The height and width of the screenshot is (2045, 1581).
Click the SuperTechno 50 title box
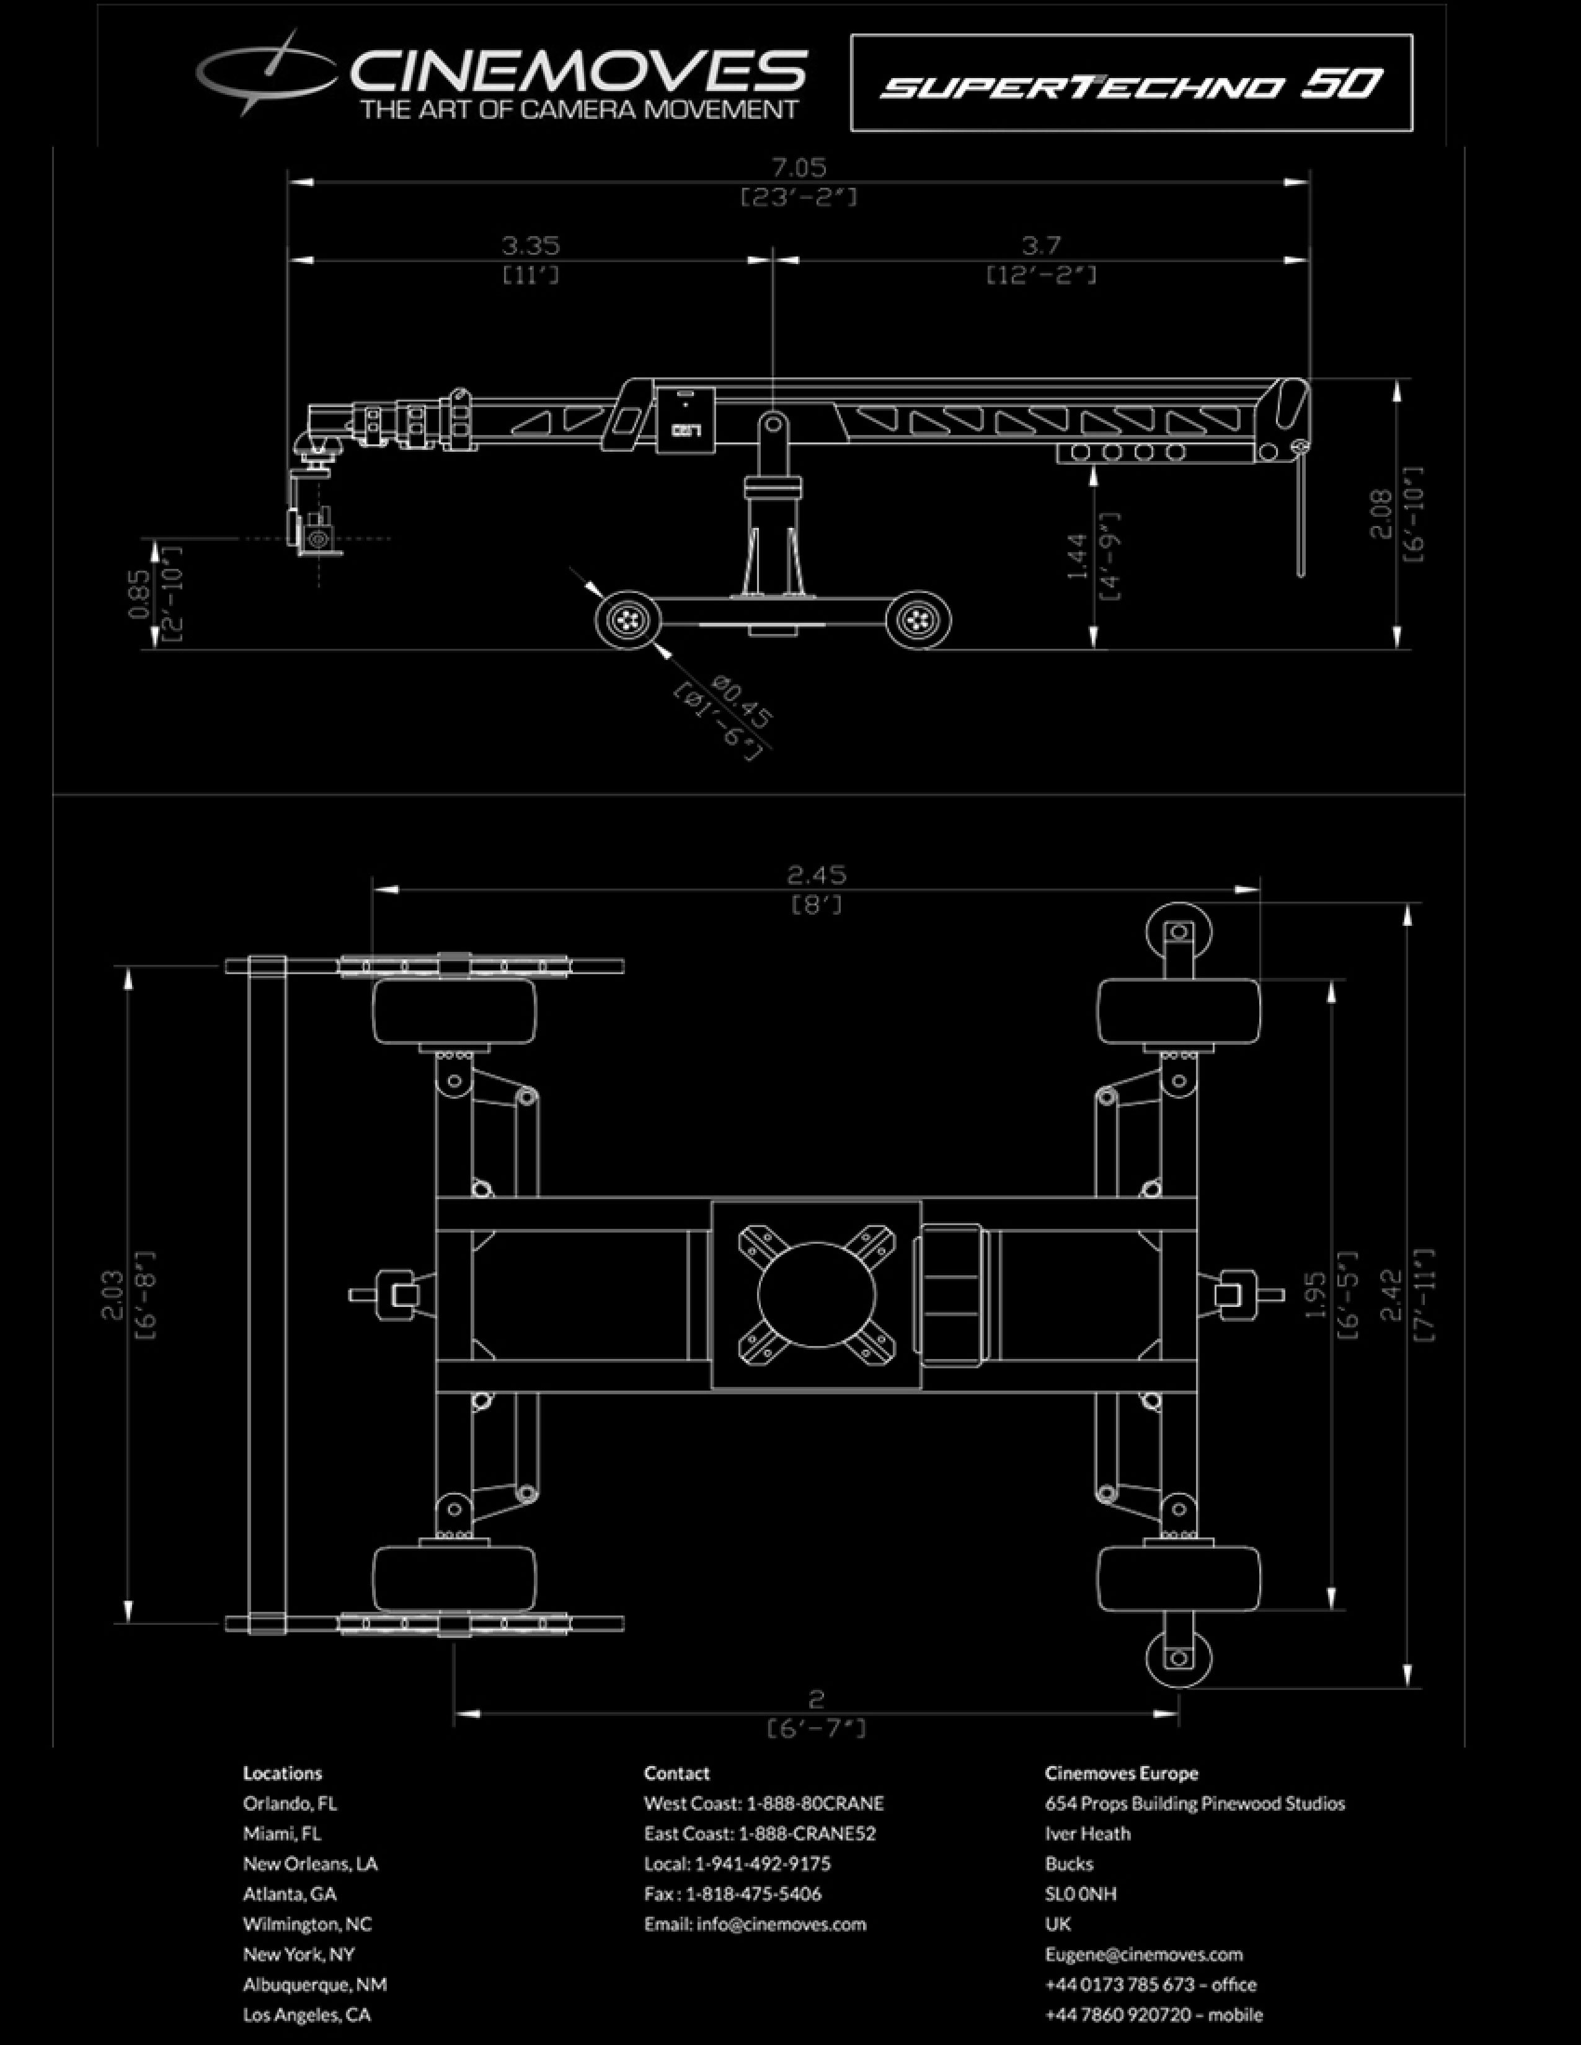tap(1130, 83)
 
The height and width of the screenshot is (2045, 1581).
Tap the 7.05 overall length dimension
tap(798, 167)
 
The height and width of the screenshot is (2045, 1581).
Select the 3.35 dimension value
tap(530, 245)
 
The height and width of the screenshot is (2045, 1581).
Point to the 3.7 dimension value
tap(1040, 245)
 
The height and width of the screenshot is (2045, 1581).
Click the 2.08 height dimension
tap(1381, 515)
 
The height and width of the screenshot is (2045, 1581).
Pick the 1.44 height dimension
tap(1077, 556)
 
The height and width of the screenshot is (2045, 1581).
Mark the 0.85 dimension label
tap(139, 594)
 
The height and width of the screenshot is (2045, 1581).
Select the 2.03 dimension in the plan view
tap(112, 1295)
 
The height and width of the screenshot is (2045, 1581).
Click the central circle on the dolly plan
tap(816, 1295)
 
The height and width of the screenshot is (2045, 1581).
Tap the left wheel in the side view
tap(627, 619)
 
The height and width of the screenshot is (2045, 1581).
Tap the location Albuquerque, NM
tap(315, 1984)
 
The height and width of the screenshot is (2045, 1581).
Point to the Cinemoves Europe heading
tap(1121, 1772)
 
